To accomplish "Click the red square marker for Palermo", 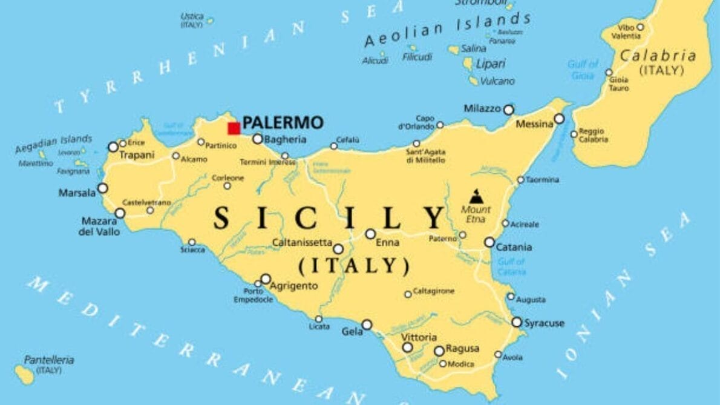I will (234, 128).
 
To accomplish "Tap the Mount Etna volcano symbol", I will (476, 196).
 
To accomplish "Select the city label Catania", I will (514, 247).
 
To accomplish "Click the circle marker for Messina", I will (559, 119).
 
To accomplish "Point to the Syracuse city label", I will (544, 323).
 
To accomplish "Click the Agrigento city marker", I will (266, 279).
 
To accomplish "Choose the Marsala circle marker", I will (103, 188).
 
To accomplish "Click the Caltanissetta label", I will (302, 242).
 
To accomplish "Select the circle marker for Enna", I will (370, 234).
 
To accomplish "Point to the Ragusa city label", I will (462, 349).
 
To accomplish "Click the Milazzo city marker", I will (509, 110).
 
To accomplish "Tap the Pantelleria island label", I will (49, 360).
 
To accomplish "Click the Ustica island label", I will (192, 16).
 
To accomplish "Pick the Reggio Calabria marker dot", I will (574, 134).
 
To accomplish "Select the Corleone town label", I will (227, 178).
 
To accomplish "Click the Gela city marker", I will (367, 325).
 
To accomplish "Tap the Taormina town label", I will (542, 180).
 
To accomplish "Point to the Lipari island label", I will (491, 64).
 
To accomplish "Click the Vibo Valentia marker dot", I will (640, 27).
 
